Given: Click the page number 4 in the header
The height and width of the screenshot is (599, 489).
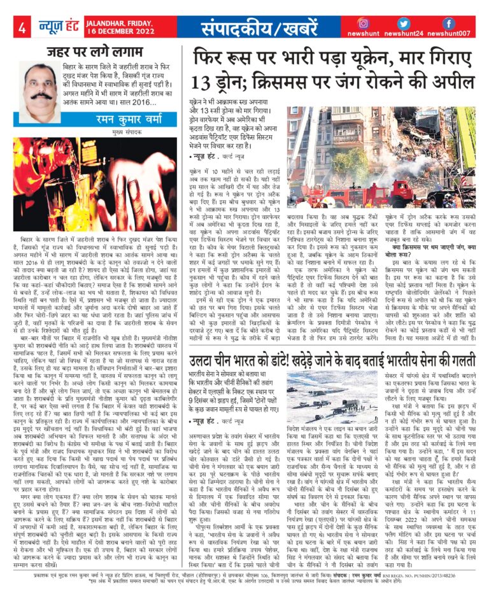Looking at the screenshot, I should [22, 28].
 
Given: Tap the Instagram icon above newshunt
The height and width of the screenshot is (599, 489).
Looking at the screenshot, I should [363, 24].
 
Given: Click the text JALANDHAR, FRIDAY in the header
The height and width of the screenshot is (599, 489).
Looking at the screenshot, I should [111, 22].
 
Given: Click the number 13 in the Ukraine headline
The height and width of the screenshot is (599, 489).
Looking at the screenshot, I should [208, 83].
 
